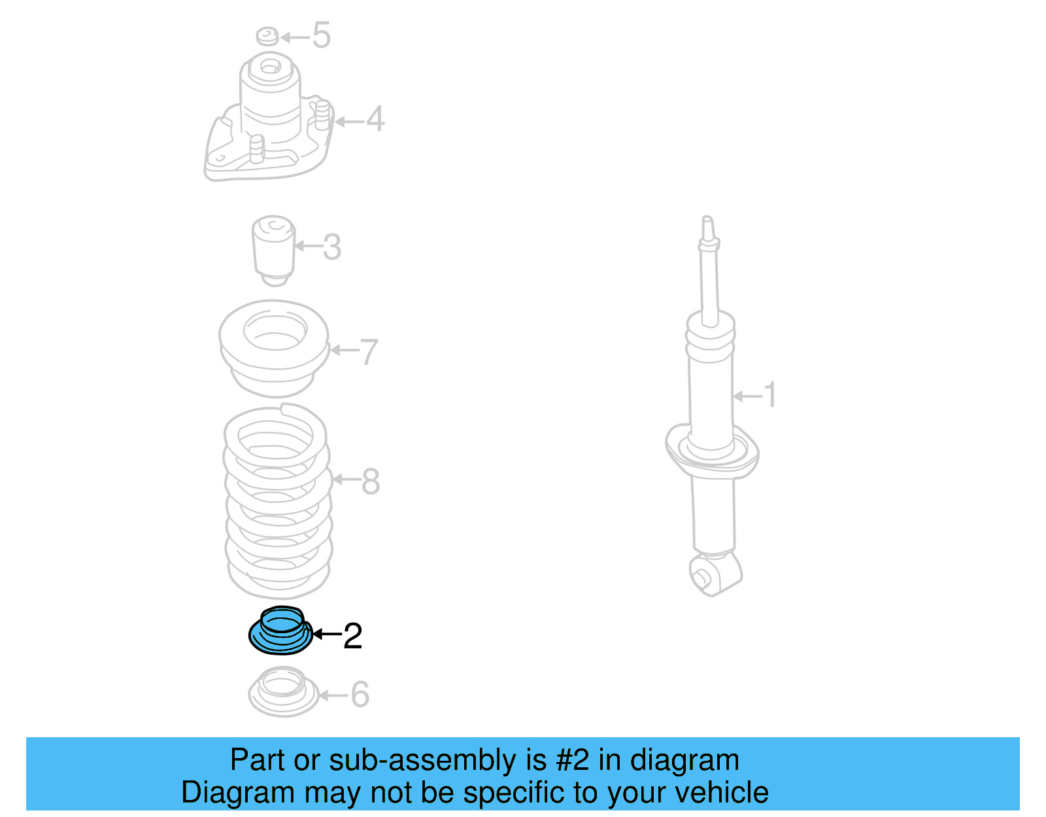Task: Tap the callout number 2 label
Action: pos(352,636)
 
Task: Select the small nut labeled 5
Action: pos(267,36)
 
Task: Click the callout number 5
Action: pos(321,35)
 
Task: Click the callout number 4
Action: pos(375,119)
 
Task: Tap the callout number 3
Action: pos(332,247)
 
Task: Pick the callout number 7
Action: pos(369,352)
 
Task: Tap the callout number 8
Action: pos(370,481)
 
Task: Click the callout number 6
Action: pos(360,695)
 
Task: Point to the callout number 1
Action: pos(770,395)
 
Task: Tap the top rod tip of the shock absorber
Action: pos(707,222)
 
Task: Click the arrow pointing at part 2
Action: pos(327,634)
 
